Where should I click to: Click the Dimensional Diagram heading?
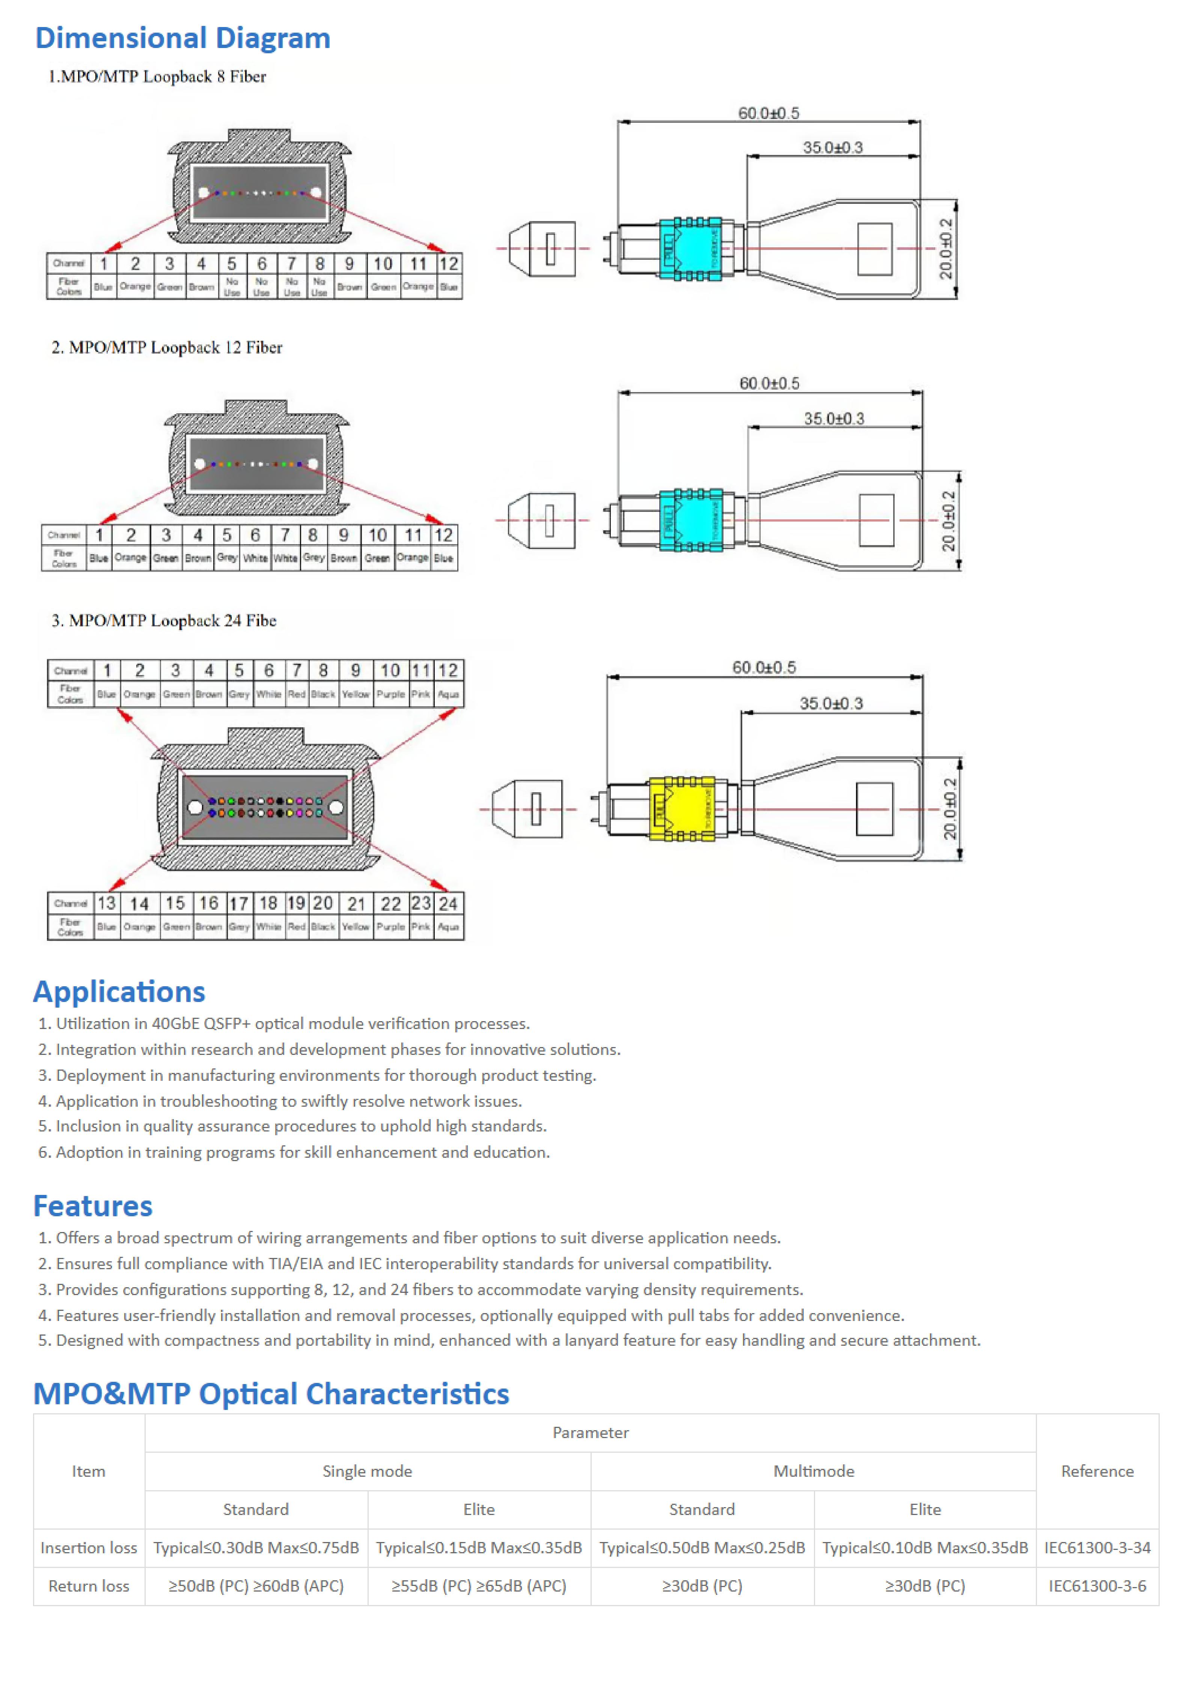click(183, 38)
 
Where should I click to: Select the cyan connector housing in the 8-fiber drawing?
click(690, 249)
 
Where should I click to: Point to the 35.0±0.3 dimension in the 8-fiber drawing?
click(832, 147)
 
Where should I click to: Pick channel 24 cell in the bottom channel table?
click(448, 903)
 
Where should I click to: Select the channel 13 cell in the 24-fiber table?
click(106, 903)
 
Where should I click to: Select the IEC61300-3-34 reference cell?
click(1097, 1548)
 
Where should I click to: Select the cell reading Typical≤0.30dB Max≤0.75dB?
click(256, 1548)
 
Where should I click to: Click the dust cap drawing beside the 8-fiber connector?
click(543, 249)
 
